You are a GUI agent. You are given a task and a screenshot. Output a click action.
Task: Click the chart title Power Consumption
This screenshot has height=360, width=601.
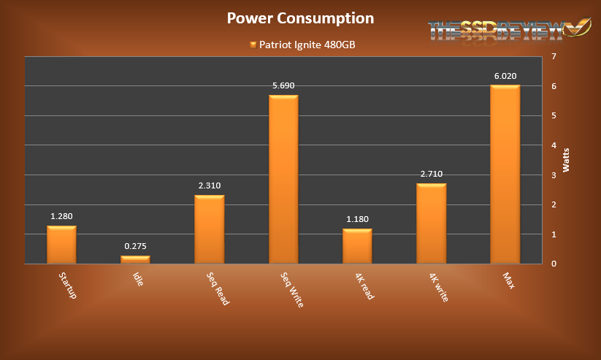[x=300, y=18]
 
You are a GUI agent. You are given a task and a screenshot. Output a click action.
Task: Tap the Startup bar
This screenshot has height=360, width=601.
[x=61, y=245]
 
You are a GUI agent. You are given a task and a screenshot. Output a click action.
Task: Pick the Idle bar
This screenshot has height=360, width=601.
[x=135, y=259]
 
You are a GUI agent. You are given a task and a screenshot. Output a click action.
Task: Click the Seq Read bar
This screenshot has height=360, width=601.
[x=209, y=229]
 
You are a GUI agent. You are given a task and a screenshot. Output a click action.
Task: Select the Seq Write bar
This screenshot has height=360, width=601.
[x=283, y=179]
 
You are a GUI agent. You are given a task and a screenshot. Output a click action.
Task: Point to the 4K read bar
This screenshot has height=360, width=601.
[x=357, y=246]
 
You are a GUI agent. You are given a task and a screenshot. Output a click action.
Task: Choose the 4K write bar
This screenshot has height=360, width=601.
[x=431, y=223]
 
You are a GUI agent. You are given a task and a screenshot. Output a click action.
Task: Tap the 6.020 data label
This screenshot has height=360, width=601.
[x=505, y=75]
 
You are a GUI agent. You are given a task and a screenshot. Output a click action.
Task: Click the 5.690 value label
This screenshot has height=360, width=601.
[x=283, y=85]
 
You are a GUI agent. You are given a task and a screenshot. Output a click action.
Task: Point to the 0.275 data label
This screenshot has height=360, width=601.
[x=135, y=246]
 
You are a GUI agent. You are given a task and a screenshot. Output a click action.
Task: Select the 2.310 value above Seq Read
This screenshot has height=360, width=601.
[x=209, y=185]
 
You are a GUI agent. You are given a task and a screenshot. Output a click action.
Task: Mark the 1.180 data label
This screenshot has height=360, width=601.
[x=357, y=219]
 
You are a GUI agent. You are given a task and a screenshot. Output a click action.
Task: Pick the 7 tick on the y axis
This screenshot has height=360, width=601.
[x=554, y=56]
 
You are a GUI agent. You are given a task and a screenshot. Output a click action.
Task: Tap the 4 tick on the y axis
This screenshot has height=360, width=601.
[x=554, y=145]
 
